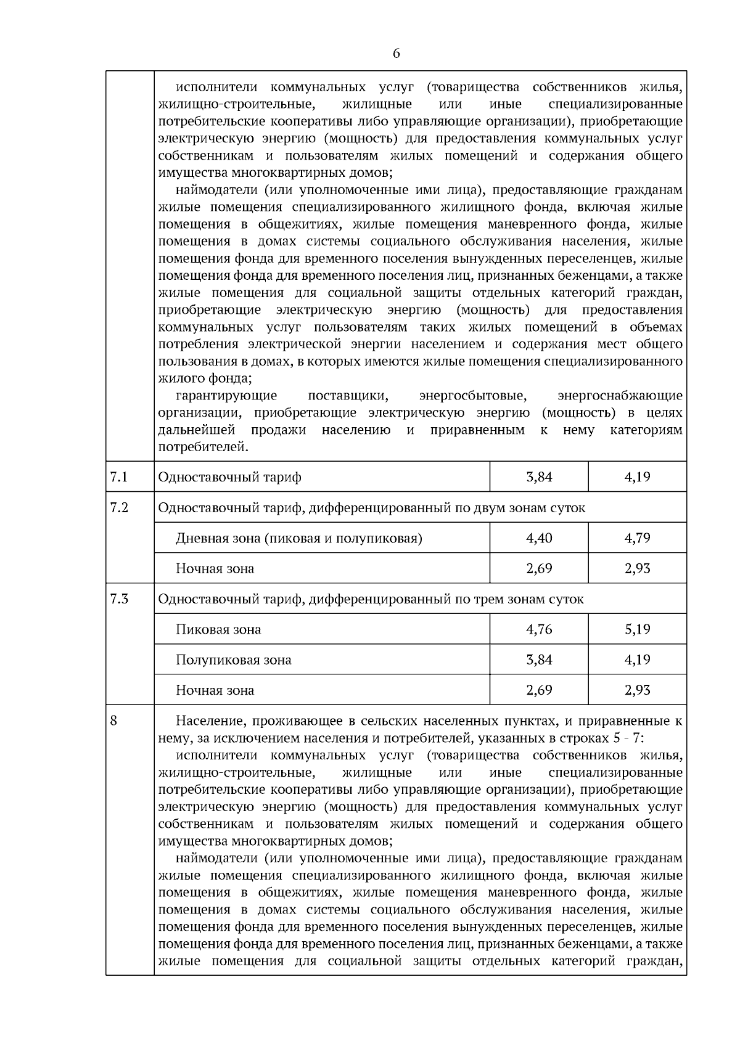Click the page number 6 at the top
(396, 54)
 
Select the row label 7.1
(118, 476)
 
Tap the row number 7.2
(119, 507)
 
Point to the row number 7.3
(119, 599)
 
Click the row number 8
(113, 720)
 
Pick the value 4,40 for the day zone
(539, 538)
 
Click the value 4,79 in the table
(637, 538)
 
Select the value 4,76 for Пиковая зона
(539, 629)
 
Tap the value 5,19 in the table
(637, 629)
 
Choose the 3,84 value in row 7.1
(539, 477)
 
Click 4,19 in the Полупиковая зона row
(637, 660)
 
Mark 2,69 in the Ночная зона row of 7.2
(539, 568)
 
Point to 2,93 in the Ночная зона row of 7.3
(637, 690)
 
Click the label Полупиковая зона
(233, 660)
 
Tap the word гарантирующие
(226, 395)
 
